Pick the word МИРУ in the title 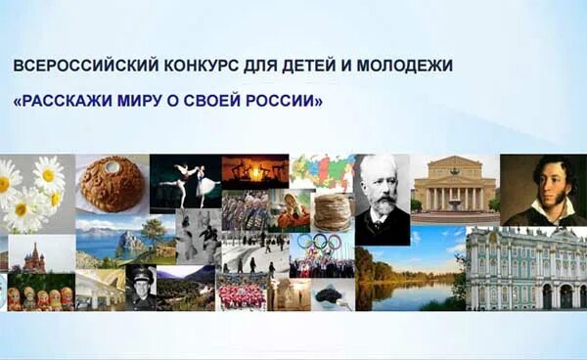click(140, 102)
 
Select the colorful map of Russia click(322, 171)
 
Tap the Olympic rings click(318, 243)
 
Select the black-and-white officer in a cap click(140, 286)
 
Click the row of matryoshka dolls click(39, 296)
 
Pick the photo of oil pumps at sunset click(254, 171)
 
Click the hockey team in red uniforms click(242, 292)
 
